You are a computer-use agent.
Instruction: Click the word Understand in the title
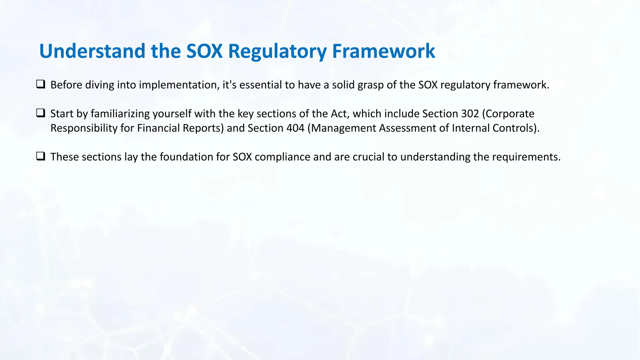point(92,51)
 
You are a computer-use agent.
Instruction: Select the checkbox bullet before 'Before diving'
point(41,84)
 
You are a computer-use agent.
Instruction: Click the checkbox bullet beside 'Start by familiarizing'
point(41,113)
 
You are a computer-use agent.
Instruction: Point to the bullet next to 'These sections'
point(41,156)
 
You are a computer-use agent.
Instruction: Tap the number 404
point(295,128)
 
